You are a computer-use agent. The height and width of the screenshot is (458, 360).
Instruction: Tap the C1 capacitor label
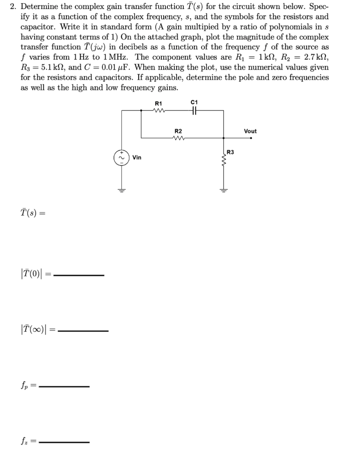click(194, 102)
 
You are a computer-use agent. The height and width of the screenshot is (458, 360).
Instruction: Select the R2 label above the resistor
click(178, 131)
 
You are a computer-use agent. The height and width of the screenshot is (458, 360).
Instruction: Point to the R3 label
click(230, 153)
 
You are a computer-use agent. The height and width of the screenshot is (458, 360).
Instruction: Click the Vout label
click(250, 131)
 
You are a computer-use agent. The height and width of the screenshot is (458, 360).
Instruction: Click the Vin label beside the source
click(137, 157)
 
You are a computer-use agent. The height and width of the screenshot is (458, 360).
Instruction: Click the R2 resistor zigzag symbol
click(178, 138)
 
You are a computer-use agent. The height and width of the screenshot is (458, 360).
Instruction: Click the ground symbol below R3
click(223, 189)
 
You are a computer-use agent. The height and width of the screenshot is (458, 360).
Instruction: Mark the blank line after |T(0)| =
click(79, 276)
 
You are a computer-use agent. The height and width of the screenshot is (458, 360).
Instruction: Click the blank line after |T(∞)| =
click(84, 331)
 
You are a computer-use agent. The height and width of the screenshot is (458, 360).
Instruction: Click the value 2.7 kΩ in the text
click(316, 57)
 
